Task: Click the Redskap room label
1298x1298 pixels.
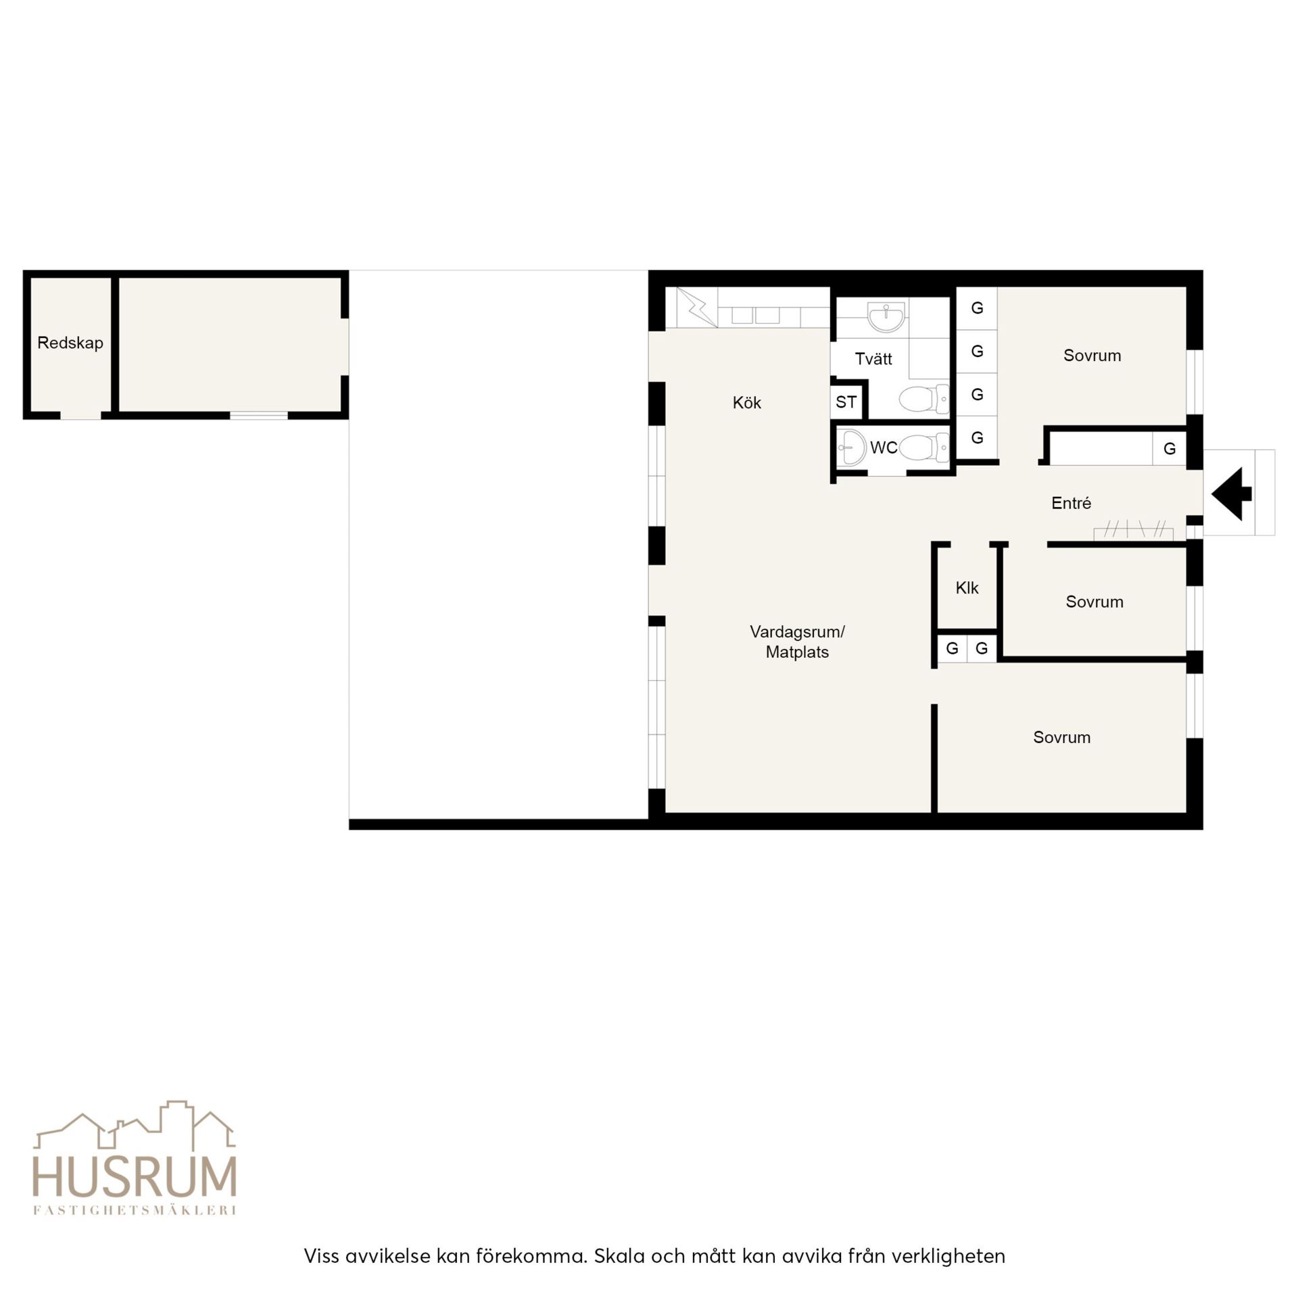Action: click(70, 343)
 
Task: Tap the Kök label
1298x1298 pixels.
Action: click(746, 403)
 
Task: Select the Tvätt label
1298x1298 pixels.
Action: click(873, 359)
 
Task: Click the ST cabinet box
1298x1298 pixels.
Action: click(846, 402)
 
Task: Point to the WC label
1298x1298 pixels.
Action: click(884, 448)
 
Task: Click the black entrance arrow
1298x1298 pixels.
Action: click(1231, 494)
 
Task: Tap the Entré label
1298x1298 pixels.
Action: click(1071, 503)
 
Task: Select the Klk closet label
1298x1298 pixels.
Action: click(967, 588)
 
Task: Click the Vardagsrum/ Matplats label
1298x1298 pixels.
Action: click(797, 642)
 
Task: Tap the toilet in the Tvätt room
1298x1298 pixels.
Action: click(923, 399)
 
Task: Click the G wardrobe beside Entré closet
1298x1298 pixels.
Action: click(1169, 449)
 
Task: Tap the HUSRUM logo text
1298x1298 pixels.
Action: click(135, 1177)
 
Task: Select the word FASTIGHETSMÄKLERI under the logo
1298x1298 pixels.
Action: click(135, 1210)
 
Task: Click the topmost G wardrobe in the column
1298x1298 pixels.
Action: click(977, 308)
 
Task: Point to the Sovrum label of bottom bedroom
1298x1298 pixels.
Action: click(1061, 738)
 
